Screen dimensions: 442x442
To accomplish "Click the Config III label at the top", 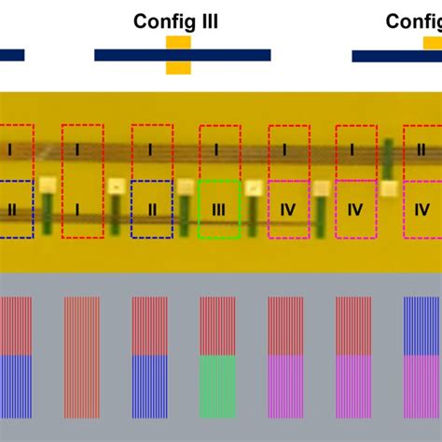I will [175, 21].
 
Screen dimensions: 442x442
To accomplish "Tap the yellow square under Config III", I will [178, 55].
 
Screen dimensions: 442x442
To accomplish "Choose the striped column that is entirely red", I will [82, 357].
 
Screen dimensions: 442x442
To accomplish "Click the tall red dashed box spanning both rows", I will [82, 181].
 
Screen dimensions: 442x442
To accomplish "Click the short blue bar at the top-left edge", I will [11, 55].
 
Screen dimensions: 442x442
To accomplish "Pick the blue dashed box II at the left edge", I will [15, 210].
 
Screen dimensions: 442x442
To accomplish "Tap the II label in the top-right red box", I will [421, 149].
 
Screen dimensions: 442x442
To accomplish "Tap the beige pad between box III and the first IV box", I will [253, 187].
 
